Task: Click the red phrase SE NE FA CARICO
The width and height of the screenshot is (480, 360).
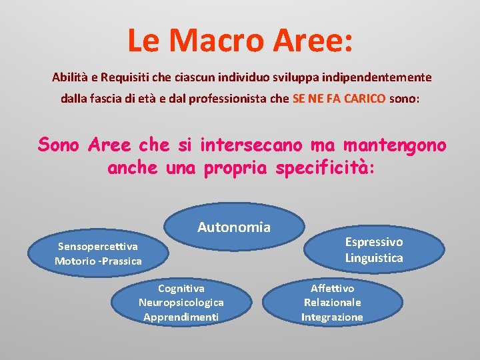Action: pyautogui.click(x=339, y=98)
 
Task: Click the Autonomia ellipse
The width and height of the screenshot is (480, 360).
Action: pyautogui.click(x=234, y=227)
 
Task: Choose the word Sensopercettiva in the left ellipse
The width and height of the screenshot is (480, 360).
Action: pyautogui.click(x=98, y=247)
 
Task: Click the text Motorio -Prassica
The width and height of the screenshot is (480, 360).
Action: pyautogui.click(x=98, y=261)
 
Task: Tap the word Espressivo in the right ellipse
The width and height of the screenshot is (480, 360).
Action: pyautogui.click(x=374, y=242)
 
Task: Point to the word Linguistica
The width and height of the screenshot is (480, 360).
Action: pyautogui.click(x=374, y=257)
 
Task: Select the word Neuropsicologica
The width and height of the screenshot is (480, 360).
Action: pyautogui.click(x=181, y=303)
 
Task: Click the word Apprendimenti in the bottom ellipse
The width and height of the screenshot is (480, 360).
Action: pyautogui.click(x=181, y=317)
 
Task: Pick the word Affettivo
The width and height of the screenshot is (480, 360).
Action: pyautogui.click(x=332, y=289)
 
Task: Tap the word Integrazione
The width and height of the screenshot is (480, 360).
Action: pyautogui.click(x=332, y=317)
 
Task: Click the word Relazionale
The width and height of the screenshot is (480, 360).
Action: pyautogui.click(x=332, y=303)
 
